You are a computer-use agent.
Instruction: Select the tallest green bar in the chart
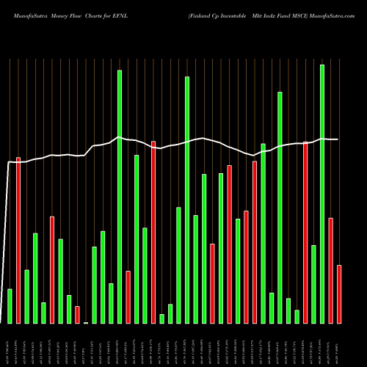point(321,194)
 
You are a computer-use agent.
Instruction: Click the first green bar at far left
point(10,305)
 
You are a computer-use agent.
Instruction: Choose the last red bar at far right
point(339,294)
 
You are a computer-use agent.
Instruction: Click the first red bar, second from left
point(18,240)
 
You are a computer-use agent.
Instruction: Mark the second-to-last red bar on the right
point(330,270)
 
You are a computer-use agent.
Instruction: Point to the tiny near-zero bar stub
point(86,322)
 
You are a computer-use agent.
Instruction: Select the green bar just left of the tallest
point(313,284)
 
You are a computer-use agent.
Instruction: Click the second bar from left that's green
point(26,296)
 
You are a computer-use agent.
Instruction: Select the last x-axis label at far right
point(339,345)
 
